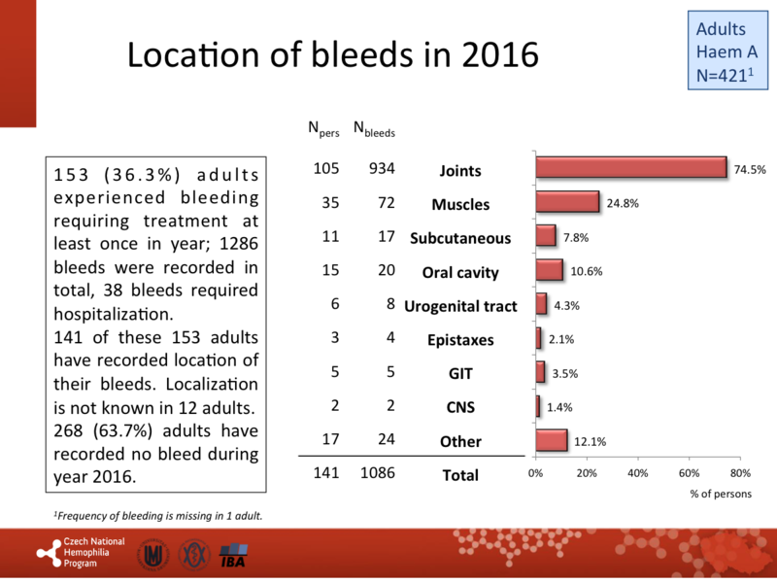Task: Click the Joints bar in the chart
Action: tap(631, 168)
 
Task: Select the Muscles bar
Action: tap(567, 202)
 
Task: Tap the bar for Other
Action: tap(552, 440)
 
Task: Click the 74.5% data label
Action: tap(749, 169)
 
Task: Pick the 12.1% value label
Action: tap(591, 442)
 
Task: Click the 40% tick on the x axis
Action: tap(638, 473)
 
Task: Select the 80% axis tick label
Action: tap(740, 473)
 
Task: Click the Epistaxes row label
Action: tap(460, 340)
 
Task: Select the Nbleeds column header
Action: tap(373, 128)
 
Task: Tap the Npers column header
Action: tap(324, 128)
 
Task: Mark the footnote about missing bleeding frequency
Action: tap(157, 515)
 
